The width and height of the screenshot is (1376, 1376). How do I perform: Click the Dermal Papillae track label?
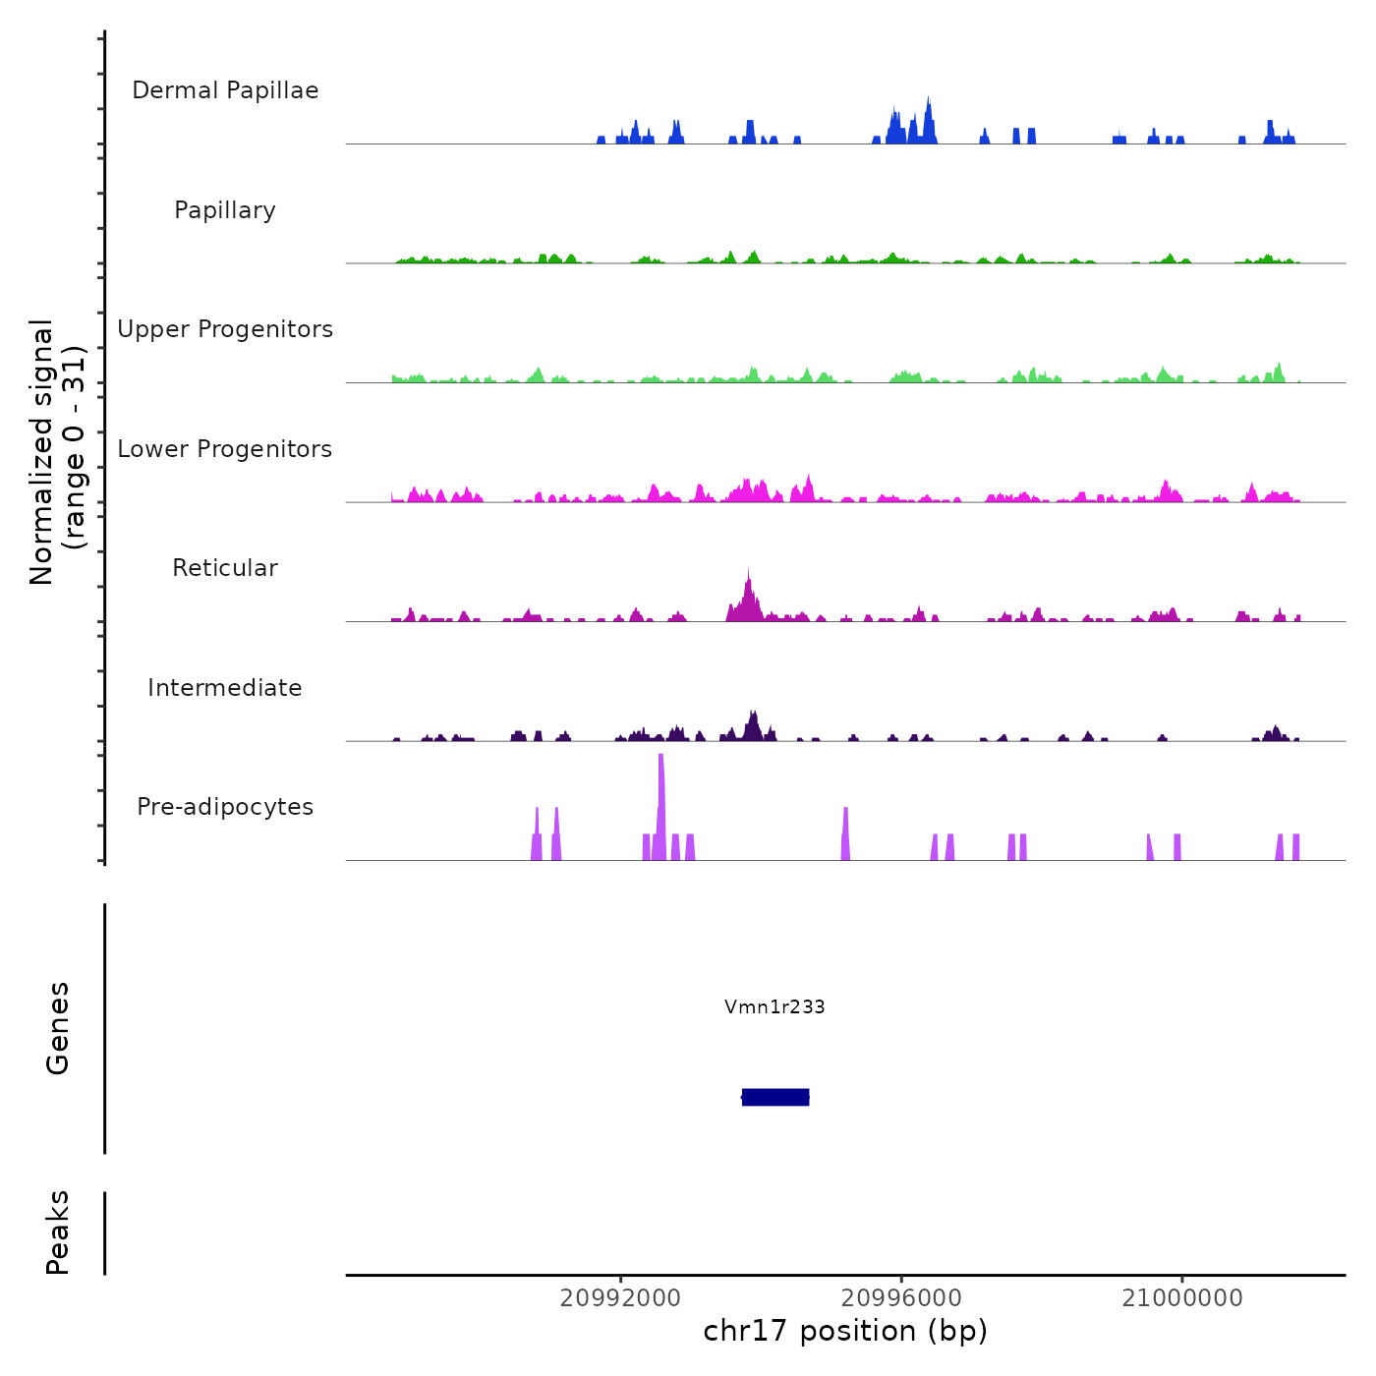(x=225, y=90)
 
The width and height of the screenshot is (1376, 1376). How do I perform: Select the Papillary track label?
(x=225, y=210)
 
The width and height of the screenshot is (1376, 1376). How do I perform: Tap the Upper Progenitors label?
(x=225, y=329)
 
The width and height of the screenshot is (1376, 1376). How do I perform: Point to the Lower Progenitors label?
(x=225, y=449)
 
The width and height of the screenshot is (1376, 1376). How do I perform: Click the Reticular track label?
(x=225, y=568)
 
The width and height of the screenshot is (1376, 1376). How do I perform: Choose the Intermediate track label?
(x=225, y=688)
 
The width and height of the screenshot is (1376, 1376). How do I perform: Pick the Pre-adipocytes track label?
(x=225, y=807)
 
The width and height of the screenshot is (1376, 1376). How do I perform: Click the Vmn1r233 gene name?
(x=774, y=1006)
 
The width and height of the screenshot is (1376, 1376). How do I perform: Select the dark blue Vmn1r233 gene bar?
(x=775, y=1097)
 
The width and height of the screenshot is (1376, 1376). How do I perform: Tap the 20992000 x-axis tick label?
(x=620, y=1298)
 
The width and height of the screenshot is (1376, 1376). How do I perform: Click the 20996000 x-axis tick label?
(x=901, y=1298)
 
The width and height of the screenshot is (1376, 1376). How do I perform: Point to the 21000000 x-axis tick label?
(x=1182, y=1298)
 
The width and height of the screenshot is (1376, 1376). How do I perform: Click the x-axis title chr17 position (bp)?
(x=845, y=1331)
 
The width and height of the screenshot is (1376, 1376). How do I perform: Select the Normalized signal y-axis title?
(x=57, y=451)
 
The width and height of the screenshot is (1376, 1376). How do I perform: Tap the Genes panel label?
(x=58, y=1028)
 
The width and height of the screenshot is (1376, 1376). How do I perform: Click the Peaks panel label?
(x=58, y=1233)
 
